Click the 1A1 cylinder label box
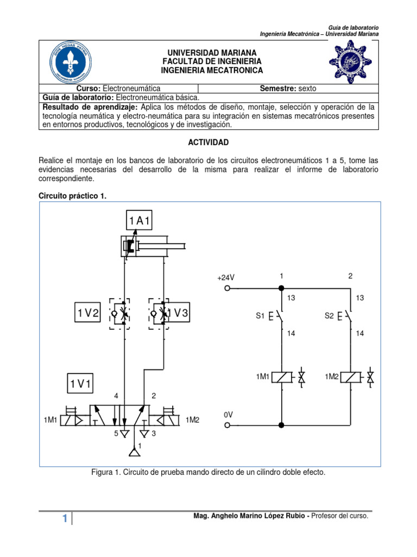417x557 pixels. [x=140, y=221]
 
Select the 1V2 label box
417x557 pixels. [x=88, y=313]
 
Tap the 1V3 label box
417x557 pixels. [x=179, y=313]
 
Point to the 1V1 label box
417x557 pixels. [x=80, y=384]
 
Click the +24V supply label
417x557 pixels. [x=226, y=278]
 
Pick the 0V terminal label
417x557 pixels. [x=229, y=414]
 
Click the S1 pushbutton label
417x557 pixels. [x=260, y=315]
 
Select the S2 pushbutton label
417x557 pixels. [x=329, y=315]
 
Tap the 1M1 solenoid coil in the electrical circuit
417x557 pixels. [x=281, y=376]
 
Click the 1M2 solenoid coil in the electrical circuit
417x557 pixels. [x=351, y=376]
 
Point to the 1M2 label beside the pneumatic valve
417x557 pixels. [x=193, y=420]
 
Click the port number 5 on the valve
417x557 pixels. [x=116, y=434]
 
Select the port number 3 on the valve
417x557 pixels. [x=154, y=434]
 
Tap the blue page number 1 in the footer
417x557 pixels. [x=65, y=519]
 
